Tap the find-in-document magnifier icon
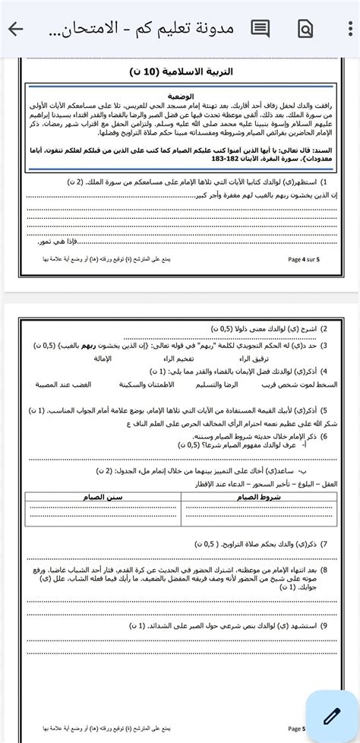point(305,29)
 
